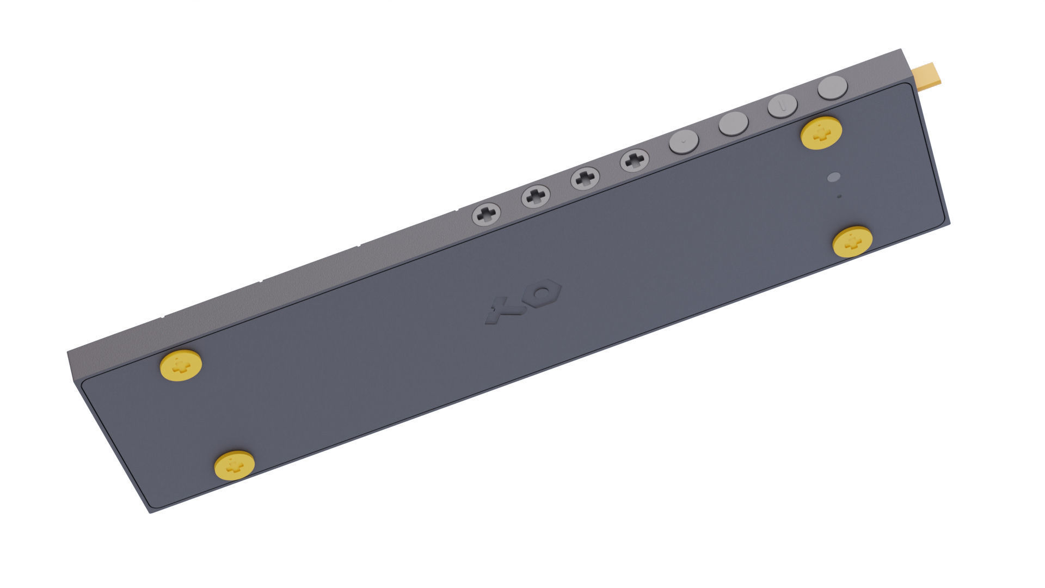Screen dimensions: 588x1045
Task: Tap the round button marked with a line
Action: click(x=782, y=105)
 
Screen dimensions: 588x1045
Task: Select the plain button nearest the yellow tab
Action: click(x=833, y=87)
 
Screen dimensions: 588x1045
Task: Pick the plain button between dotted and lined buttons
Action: click(x=733, y=124)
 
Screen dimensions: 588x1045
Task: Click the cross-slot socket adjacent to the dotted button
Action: click(x=635, y=161)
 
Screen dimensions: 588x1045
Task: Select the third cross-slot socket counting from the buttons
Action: click(x=536, y=197)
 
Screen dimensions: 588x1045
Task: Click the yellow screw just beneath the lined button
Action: click(x=821, y=132)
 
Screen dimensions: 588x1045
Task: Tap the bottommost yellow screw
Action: click(x=235, y=464)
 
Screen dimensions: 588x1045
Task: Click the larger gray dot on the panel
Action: click(x=833, y=177)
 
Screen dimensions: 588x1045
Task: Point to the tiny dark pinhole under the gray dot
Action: click(x=839, y=196)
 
